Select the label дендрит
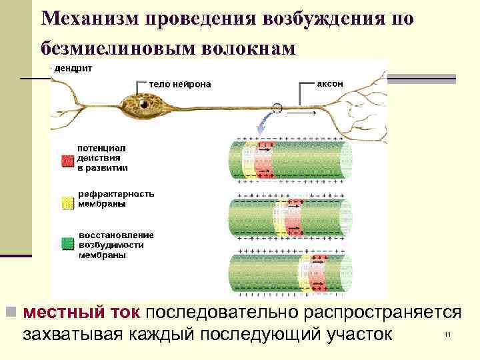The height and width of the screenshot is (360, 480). click(x=73, y=69)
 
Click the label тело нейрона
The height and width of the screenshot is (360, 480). click(x=179, y=84)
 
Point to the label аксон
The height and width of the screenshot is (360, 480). click(x=330, y=84)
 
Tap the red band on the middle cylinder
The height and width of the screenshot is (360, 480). click(x=294, y=217)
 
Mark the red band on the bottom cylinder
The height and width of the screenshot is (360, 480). click(x=318, y=272)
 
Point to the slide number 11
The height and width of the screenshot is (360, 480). click(x=447, y=335)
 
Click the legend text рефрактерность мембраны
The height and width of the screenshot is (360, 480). click(x=116, y=199)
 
